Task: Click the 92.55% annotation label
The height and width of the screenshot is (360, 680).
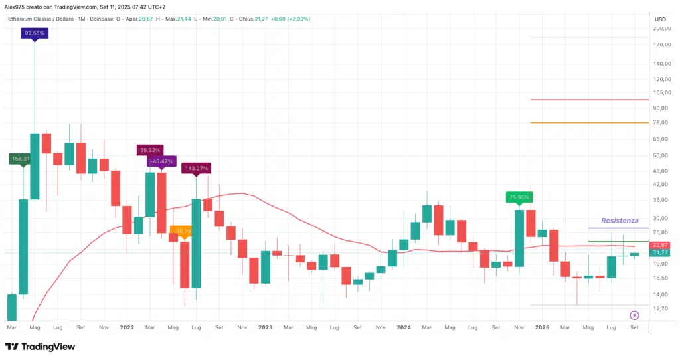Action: coord(35,32)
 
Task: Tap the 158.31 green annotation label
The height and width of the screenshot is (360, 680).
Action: coord(18,159)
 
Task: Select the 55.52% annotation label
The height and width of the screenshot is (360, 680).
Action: coord(150,151)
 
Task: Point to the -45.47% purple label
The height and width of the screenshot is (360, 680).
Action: coord(161,161)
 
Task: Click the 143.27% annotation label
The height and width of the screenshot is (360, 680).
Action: coord(196,168)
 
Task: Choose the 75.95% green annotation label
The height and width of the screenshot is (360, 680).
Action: coord(519,197)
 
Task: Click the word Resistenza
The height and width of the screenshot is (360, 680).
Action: coord(619,220)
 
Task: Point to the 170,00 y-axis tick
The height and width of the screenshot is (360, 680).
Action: coord(661,45)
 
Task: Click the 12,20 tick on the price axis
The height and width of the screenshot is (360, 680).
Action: coord(661,308)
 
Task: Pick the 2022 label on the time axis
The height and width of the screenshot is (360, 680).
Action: coord(126,327)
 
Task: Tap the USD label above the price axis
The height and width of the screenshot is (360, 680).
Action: coord(660,19)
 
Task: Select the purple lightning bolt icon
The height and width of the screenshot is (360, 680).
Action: coord(634,314)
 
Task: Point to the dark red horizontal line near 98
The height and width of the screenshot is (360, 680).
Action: coord(589,100)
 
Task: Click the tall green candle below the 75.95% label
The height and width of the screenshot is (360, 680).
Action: coord(519,238)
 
